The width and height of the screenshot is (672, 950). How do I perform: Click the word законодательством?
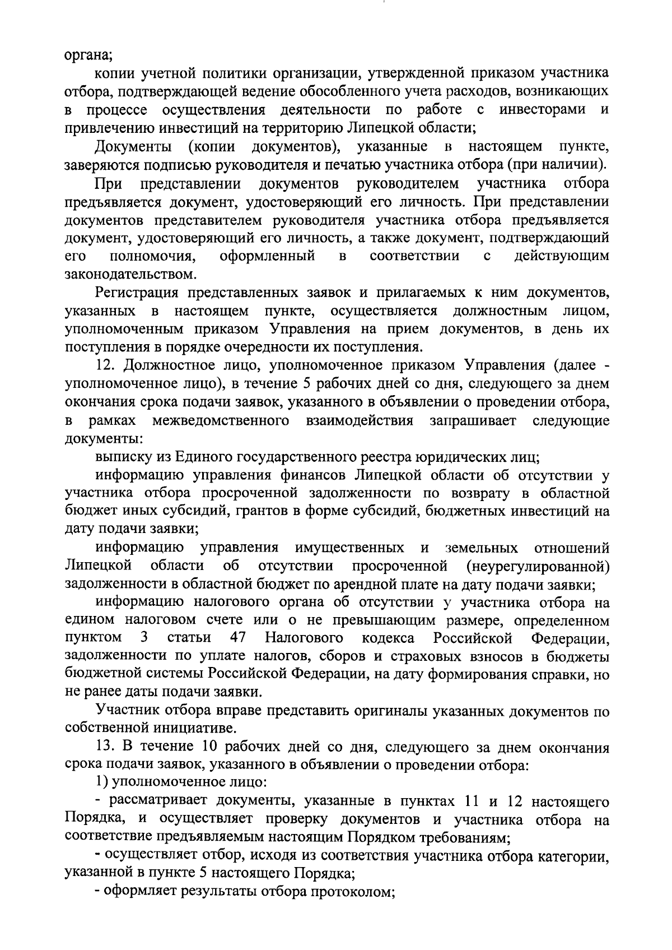130,275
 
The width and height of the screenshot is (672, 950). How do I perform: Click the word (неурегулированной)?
537,566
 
